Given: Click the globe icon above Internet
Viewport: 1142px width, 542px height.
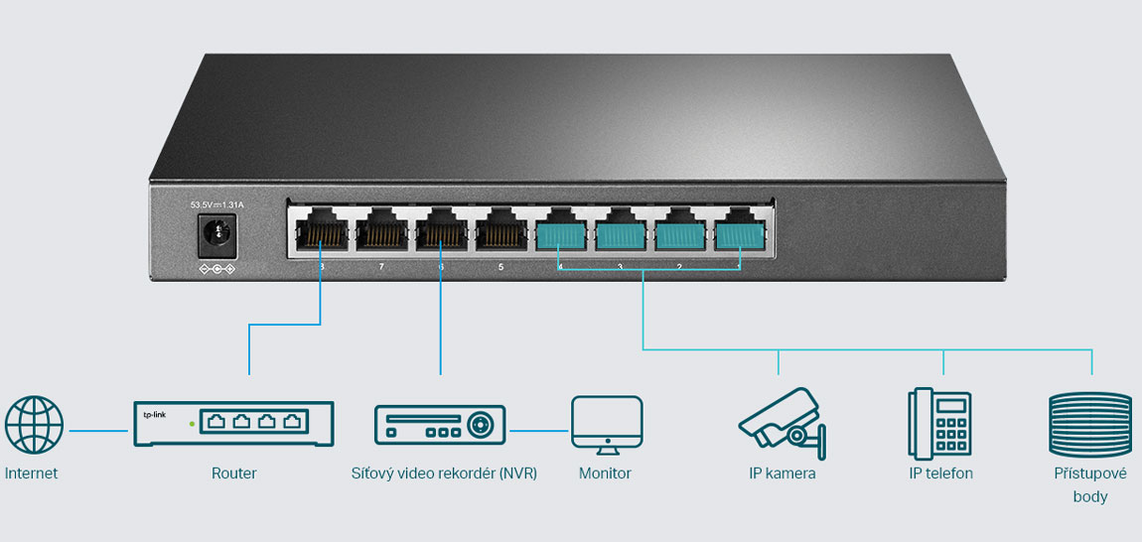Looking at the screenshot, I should pyautogui.click(x=34, y=425).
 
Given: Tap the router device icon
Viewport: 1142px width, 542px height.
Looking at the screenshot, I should pyautogui.click(x=233, y=424).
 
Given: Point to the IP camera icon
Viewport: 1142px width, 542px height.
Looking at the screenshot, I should pyautogui.click(x=782, y=419).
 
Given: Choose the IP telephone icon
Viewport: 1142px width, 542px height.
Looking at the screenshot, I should pyautogui.click(x=938, y=422).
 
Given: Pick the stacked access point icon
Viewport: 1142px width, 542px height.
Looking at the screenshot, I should pyautogui.click(x=1089, y=425).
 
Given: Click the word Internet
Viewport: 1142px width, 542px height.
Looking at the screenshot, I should pyautogui.click(x=32, y=474).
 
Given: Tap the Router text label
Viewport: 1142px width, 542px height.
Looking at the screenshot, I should pyautogui.click(x=234, y=474).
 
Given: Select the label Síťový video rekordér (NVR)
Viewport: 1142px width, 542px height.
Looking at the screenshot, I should pyautogui.click(x=444, y=474).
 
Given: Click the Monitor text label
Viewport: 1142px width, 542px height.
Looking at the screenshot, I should pyautogui.click(x=605, y=474).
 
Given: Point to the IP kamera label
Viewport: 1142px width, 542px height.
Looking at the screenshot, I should pyautogui.click(x=783, y=474).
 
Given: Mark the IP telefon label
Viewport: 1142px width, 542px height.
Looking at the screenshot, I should pyautogui.click(x=940, y=474).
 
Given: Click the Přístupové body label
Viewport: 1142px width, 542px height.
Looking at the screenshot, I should pyautogui.click(x=1090, y=484).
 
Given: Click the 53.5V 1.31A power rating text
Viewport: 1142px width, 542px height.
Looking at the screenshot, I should pyautogui.click(x=216, y=204).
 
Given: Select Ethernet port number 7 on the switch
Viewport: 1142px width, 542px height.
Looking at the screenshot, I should pyautogui.click(x=380, y=233).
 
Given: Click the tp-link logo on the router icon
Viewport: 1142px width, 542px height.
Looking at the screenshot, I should pyautogui.click(x=154, y=414).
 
